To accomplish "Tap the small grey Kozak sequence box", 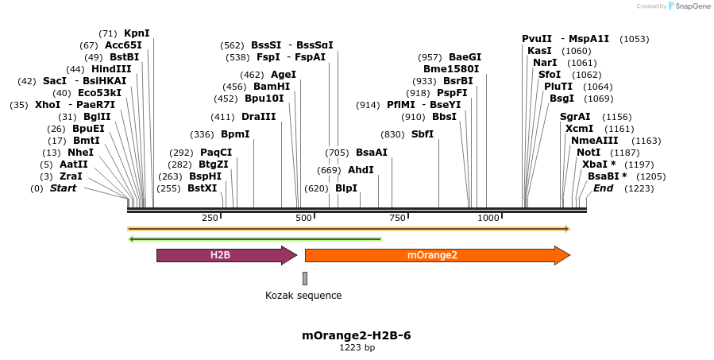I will tap(304, 278).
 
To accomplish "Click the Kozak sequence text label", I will tap(303, 296).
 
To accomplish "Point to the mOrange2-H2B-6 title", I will tap(357, 335).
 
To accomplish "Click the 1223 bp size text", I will tap(357, 347).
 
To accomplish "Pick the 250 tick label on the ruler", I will tap(210, 218).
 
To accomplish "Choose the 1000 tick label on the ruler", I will tap(488, 218).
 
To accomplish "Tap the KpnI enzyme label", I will tap(137, 33).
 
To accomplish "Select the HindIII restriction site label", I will tap(111, 69).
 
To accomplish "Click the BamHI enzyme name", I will tap(272, 87).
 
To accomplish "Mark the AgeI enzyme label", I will tap(284, 75).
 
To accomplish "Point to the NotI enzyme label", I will tap(589, 153).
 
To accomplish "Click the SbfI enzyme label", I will tap(423, 134).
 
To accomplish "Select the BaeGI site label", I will tap(465, 57).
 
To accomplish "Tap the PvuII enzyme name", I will tap(537, 39).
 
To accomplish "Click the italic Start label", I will tap(64, 188).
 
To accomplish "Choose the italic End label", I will tap(603, 188).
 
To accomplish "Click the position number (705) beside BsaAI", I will tap(338, 153).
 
